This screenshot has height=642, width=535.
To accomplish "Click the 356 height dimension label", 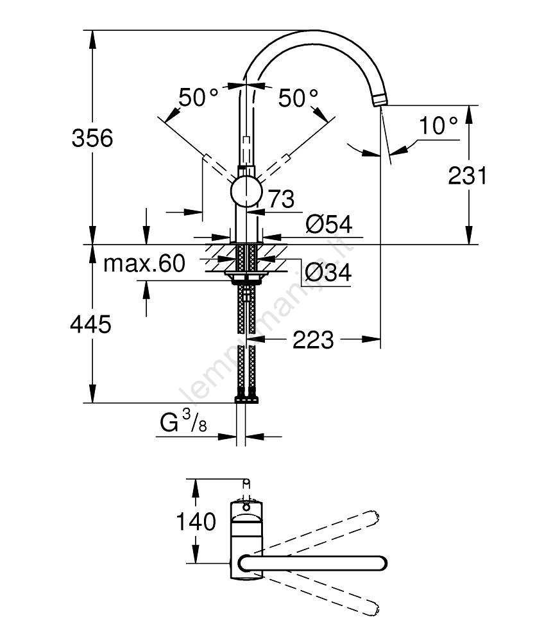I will [x=92, y=138].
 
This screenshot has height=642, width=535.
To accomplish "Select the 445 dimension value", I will [x=90, y=324].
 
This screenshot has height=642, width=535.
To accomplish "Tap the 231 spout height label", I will [x=468, y=175].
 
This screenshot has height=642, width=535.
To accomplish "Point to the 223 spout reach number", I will [x=313, y=340].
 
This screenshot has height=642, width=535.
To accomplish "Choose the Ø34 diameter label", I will [x=328, y=273].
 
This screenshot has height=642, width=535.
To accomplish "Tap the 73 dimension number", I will [x=280, y=200].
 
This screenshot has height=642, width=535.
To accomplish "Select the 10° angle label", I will [x=439, y=125].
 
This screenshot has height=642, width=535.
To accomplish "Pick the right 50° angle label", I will [x=298, y=98].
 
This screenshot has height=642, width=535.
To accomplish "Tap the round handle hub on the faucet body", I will [x=246, y=191].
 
